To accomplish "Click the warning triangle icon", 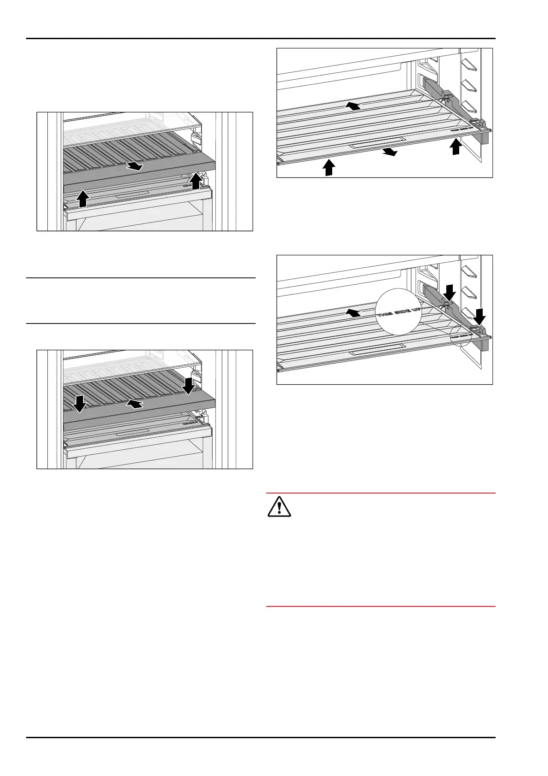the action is pos(279,507).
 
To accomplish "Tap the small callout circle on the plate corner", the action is pos(461,336).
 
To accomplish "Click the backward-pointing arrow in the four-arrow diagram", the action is pos(353,106).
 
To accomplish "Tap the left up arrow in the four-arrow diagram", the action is pos(329,167).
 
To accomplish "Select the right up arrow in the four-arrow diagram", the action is pos(456,147).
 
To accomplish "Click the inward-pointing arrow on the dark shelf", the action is pos(135,404).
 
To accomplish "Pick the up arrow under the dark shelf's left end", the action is pos(83,199).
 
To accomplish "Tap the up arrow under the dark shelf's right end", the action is pos(196,181).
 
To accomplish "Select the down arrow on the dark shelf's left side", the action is pos(80,403).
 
